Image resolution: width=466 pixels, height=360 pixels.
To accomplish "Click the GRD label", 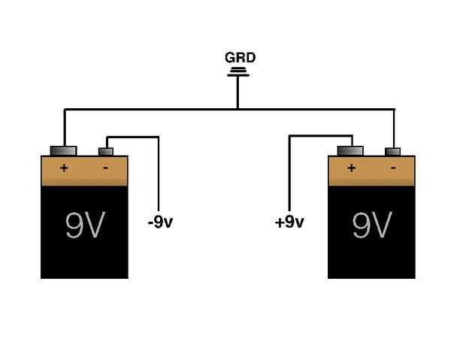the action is [240, 58].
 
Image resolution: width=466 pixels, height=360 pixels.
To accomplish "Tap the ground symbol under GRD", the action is [238, 72].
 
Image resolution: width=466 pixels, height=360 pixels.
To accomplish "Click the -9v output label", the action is [160, 222].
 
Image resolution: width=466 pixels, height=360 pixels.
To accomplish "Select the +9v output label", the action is [289, 222].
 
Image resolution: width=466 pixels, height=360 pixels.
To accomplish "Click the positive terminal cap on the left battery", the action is [63, 151].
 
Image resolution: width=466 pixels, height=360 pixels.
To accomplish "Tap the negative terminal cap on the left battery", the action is [106, 152].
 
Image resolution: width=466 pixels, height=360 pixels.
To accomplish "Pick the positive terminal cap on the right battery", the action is [350, 151].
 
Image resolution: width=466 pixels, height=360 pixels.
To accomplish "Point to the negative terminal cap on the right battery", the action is [392, 152].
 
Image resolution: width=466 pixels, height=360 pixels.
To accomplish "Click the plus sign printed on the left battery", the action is [64, 168].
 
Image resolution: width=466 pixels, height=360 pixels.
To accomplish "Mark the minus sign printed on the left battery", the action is [105, 168].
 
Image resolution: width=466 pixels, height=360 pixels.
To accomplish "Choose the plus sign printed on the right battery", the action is [352, 168].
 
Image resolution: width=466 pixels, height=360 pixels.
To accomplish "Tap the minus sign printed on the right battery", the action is [393, 168].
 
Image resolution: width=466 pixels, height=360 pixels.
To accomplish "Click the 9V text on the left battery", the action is [85, 225].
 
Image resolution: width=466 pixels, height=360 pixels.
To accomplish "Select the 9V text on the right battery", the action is [372, 225].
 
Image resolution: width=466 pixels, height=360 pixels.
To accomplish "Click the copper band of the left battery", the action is [84, 171].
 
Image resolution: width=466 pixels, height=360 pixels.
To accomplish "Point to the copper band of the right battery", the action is [371, 171].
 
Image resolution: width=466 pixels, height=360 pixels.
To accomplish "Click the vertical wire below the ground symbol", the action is [238, 92].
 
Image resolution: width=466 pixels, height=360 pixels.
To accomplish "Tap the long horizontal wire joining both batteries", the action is [229, 110].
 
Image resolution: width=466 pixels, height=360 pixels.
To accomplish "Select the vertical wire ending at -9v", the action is [159, 174].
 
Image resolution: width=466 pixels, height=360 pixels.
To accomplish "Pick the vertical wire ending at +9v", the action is [289, 174].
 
